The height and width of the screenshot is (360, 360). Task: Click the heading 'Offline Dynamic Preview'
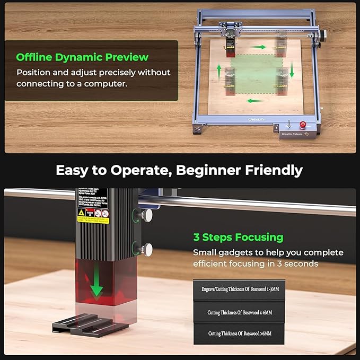click(82, 57)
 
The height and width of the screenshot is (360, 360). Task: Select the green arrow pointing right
click(259, 47)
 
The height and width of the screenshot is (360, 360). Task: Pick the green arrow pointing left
click(255, 100)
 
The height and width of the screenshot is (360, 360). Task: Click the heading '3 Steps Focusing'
click(238, 237)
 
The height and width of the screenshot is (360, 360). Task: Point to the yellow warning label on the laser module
click(81, 212)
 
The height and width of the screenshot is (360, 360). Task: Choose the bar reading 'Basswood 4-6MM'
click(240, 312)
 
